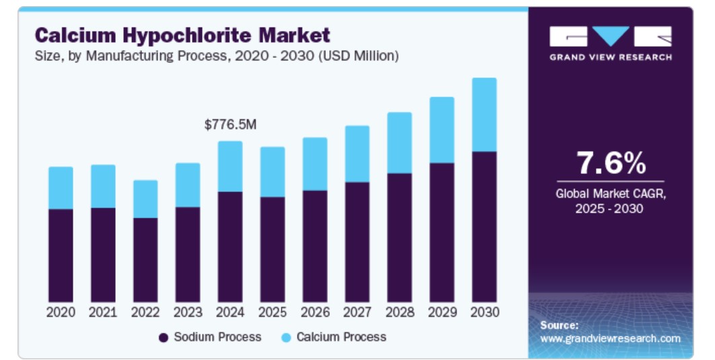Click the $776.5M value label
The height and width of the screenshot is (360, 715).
(x=230, y=124)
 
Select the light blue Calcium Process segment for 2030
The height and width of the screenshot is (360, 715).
(x=484, y=114)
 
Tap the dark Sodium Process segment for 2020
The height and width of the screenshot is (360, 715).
(x=61, y=255)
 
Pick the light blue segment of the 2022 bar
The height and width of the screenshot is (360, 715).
(x=145, y=199)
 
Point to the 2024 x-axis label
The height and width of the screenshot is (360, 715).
(x=230, y=313)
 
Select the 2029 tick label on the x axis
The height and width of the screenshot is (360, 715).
(x=442, y=313)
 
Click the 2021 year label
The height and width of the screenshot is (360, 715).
(x=103, y=313)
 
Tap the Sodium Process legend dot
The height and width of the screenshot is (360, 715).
(x=164, y=337)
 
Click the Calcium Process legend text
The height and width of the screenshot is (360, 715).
(x=341, y=336)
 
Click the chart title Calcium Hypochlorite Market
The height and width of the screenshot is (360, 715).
(x=182, y=35)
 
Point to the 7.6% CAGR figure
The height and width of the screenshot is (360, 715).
(x=611, y=163)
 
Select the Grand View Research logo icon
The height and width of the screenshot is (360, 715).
(x=610, y=36)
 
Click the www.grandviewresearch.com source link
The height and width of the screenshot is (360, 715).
(x=610, y=338)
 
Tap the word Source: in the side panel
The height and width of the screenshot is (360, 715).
(x=559, y=325)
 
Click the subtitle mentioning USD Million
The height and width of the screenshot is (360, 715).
(x=217, y=56)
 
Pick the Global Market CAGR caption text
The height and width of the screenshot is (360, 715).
(x=610, y=201)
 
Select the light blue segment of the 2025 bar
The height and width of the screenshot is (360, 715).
(x=273, y=172)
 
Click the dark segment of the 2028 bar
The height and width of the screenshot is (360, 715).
(x=399, y=237)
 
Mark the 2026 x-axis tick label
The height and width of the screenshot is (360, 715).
(x=314, y=313)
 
